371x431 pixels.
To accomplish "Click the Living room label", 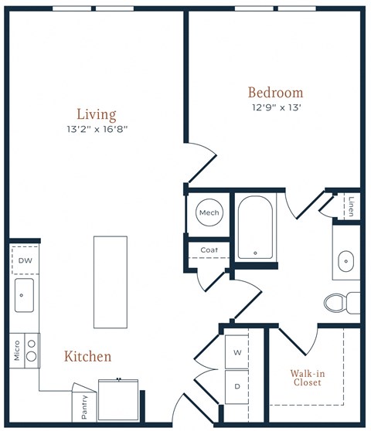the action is [x=97, y=114].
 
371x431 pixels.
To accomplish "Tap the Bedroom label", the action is [x=276, y=93].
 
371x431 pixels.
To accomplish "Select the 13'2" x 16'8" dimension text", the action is [x=97, y=129].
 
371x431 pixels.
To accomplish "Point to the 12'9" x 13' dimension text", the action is [x=277, y=107].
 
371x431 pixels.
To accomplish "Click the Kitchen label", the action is [x=88, y=356].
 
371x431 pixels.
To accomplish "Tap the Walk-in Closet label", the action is [x=308, y=378].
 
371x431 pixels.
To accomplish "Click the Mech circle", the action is [x=209, y=212].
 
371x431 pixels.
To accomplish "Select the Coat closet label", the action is [x=209, y=249].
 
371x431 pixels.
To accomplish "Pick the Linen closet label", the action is [x=351, y=206].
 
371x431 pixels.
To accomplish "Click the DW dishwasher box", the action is [x=26, y=260].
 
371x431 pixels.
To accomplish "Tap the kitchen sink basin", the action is [x=24, y=295].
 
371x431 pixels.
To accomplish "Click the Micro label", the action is [x=17, y=351].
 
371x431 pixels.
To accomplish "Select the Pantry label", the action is [x=84, y=407].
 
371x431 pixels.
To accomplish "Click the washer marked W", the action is [x=237, y=352].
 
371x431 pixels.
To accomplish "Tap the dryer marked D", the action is [x=237, y=387].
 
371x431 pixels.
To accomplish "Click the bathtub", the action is [x=256, y=227].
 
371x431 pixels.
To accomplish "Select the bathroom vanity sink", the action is [x=346, y=261].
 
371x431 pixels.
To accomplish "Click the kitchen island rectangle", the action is [x=111, y=282].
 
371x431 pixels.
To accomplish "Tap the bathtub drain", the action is [x=256, y=253].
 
